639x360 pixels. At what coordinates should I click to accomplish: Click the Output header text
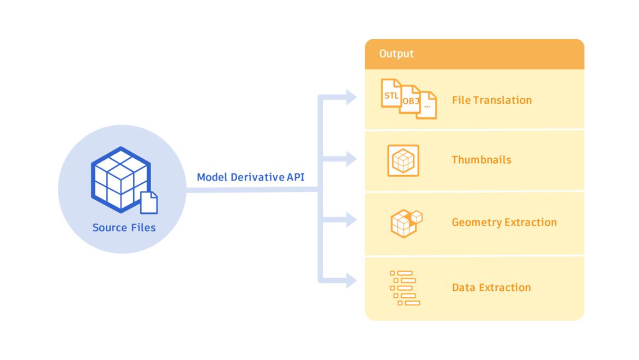[396, 54]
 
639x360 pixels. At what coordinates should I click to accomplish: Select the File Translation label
[491, 100]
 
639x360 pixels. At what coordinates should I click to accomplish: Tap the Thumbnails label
[481, 160]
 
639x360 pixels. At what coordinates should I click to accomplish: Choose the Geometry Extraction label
[504, 223]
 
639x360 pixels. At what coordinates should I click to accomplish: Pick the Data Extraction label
[491, 287]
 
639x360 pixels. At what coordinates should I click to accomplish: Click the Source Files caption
[124, 227]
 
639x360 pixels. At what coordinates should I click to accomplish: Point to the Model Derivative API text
[250, 177]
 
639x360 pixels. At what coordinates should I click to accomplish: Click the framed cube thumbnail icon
[403, 160]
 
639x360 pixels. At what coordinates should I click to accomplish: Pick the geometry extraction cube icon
[406, 223]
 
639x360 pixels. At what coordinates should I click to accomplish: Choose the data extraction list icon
[405, 287]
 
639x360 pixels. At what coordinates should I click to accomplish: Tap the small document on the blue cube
[149, 202]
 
